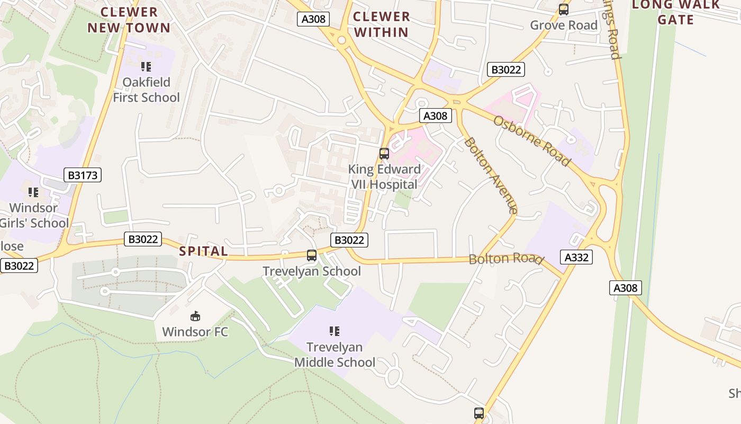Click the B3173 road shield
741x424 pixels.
pyautogui.click(x=83, y=175)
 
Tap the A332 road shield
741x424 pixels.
pyautogui.click(x=576, y=258)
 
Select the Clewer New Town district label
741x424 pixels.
pyautogui.click(x=129, y=20)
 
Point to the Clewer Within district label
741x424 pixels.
pyautogui.click(x=382, y=24)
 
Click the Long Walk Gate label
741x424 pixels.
pyautogui.click(x=675, y=12)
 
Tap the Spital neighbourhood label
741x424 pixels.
pyautogui.click(x=204, y=251)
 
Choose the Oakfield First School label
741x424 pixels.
pyautogui.click(x=147, y=90)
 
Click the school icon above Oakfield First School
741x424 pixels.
pyautogui.click(x=146, y=67)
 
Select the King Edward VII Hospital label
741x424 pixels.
pyautogui.click(x=384, y=176)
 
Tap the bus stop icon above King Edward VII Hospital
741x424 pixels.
pyautogui.click(x=384, y=154)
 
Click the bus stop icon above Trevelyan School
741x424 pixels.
pyautogui.click(x=312, y=255)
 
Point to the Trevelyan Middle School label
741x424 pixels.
pyautogui.click(x=335, y=355)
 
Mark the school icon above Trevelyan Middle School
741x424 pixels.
pyautogui.click(x=334, y=331)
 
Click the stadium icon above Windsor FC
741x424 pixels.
pyautogui.click(x=195, y=316)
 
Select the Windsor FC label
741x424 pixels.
pyautogui.click(x=195, y=332)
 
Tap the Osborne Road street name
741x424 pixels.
pyautogui.click(x=532, y=140)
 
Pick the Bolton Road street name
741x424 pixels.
pyautogui.click(x=505, y=259)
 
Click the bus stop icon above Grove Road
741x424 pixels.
pyautogui.click(x=564, y=10)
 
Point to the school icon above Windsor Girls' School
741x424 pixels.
pyautogui.click(x=33, y=192)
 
